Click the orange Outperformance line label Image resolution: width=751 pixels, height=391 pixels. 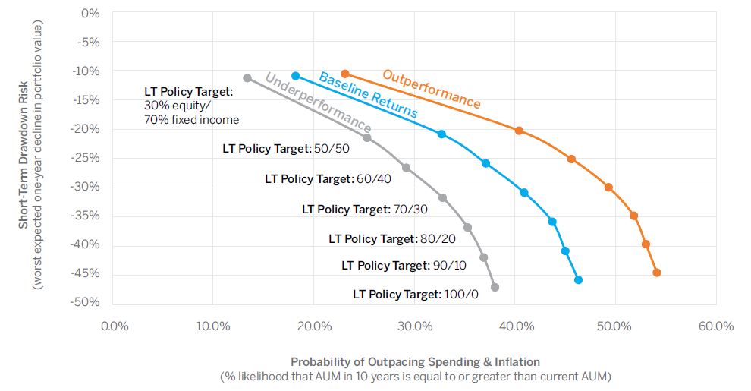pyautogui.click(x=431, y=89)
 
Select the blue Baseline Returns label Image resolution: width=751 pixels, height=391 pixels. pyautogui.click(x=368, y=94)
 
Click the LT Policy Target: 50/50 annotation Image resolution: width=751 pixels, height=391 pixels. pyautogui.click(x=286, y=149)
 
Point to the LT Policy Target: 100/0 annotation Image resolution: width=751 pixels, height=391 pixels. pyautogui.click(x=415, y=294)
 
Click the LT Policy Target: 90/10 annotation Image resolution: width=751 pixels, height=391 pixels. pyautogui.click(x=404, y=266)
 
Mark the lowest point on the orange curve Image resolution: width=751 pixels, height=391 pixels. pyautogui.click(x=657, y=273)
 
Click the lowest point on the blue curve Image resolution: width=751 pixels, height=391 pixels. pyautogui.click(x=578, y=280)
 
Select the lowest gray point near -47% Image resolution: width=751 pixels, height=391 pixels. pyautogui.click(x=495, y=287)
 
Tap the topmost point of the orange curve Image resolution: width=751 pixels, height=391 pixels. pyautogui.click(x=345, y=74)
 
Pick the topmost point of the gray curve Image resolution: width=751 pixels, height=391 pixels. pyautogui.click(x=247, y=78)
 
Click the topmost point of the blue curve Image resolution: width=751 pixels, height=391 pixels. pyautogui.click(x=296, y=76)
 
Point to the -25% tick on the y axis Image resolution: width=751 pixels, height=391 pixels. pyautogui.click(x=90, y=158)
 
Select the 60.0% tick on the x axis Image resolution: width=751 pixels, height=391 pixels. pyautogui.click(x=716, y=326)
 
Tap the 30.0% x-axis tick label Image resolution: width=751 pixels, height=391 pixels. pyautogui.click(x=415, y=326)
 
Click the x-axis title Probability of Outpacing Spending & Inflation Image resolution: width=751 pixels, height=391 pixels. pyautogui.click(x=415, y=362)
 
